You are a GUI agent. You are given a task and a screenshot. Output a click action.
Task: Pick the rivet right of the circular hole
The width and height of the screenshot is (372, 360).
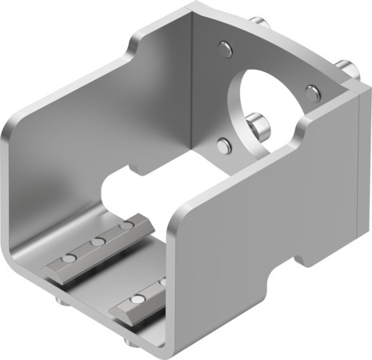coord(310,88)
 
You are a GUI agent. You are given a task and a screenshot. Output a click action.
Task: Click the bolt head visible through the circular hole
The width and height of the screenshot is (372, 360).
coord(258,126)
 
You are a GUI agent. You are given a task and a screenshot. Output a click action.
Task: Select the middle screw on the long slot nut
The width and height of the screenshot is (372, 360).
coord(97,242)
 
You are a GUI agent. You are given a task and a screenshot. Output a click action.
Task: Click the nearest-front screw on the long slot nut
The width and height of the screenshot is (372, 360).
coord(70,258)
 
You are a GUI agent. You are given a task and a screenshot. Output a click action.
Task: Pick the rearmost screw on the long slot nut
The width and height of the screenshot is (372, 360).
coord(123,228)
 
